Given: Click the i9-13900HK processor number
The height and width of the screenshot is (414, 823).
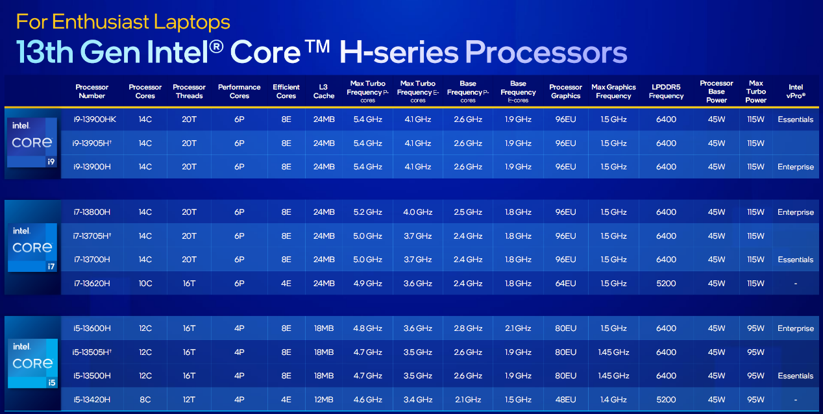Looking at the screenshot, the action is point(95,119).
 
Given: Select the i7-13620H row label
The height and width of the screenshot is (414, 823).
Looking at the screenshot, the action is point(92,283).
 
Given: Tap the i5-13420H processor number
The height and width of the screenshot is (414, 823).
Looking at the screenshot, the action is point(92,399).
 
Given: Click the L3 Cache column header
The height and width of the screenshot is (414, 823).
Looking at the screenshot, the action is point(324,91).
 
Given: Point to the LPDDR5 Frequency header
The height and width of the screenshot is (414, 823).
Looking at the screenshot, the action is point(666,91).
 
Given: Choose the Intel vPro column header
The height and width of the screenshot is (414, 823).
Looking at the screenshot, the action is point(796,91).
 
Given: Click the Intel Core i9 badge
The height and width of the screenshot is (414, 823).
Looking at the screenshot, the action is point(32,143).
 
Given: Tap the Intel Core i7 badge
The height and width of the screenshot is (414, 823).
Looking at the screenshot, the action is point(32,247).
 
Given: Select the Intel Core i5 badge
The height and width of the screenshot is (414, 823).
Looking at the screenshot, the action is point(32,363).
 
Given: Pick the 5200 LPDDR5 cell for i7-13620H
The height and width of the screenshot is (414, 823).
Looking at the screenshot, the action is point(666,283).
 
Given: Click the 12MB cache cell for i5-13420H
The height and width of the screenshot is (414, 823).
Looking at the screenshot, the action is point(324,399).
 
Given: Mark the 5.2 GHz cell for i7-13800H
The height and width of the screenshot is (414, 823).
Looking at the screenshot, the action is point(367,212).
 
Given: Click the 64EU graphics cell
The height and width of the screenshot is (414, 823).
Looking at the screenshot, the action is point(565,283).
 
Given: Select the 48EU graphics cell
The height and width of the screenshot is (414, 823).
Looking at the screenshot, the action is point(565,399).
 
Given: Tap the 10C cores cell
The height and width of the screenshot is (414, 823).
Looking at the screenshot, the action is point(145,283).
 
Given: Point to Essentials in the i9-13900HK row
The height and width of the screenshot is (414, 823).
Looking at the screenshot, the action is point(796,119).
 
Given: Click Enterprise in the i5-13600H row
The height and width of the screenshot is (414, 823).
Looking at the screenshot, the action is point(796,328).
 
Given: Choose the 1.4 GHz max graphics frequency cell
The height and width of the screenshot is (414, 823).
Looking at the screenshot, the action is point(613,399).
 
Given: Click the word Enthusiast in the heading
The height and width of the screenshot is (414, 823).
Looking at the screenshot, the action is point(101,21).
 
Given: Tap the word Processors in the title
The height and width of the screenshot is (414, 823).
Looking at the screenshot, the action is point(546,52).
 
